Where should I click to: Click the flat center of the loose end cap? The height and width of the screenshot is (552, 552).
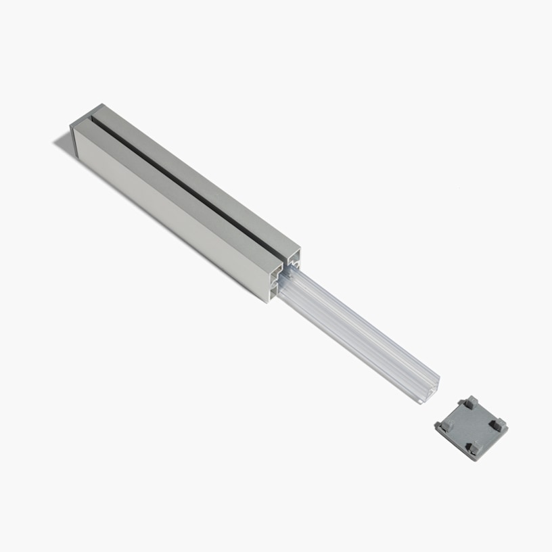point(472,427)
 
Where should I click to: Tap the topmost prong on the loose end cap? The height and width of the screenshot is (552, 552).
point(471,402)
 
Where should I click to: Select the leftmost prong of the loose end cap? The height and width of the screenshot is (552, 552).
point(442,427)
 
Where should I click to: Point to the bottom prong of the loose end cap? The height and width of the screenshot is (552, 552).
point(474,448)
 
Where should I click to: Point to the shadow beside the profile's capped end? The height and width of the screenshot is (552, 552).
point(64,141)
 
